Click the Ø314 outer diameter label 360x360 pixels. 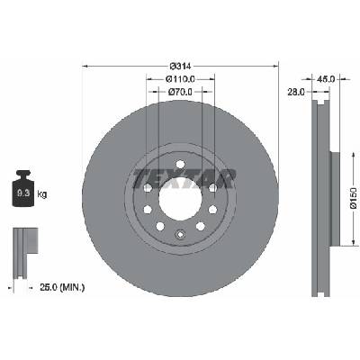180,66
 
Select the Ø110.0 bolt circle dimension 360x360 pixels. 180,79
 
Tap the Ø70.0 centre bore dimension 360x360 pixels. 180,92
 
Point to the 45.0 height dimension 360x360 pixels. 326,79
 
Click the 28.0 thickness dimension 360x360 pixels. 296,92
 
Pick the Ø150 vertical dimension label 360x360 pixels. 353,198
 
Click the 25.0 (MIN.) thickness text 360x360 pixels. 62,288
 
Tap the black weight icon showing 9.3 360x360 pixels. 23,188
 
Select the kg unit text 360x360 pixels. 42,194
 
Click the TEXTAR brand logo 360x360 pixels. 184,178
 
